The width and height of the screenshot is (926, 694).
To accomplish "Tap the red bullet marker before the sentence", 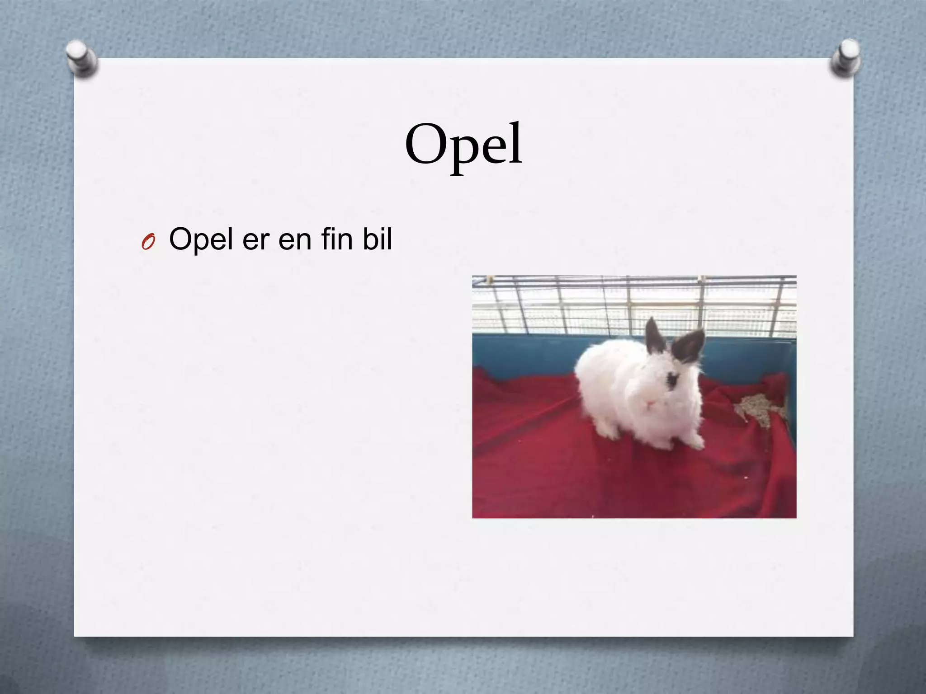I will point(147,242).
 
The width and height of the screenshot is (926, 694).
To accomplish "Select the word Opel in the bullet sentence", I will point(201,239).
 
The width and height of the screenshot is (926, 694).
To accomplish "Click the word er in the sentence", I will point(256,239).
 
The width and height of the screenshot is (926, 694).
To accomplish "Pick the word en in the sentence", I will point(295,239).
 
